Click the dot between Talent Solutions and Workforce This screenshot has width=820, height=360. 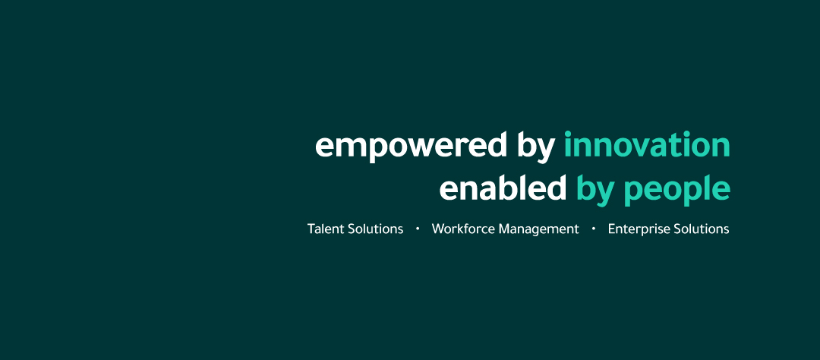pos(418,229)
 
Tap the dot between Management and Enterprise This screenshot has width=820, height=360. pos(594,229)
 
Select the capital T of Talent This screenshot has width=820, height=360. pos(312,229)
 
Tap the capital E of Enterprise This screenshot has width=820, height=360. pos(612,229)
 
